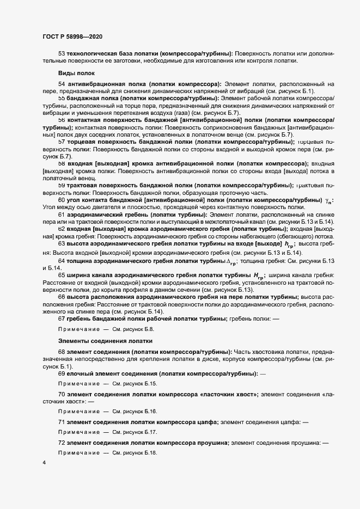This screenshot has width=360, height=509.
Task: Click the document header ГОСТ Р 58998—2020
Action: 72,36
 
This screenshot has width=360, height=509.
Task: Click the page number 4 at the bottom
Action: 44,462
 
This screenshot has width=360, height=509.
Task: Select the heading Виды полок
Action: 76,73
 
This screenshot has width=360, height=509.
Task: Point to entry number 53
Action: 62,53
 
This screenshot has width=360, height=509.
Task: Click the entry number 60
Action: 62,200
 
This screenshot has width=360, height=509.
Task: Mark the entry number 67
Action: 62,318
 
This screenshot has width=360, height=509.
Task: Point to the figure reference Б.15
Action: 149,384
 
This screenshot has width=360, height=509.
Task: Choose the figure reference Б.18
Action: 149,453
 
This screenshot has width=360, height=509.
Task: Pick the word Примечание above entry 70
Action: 78,384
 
